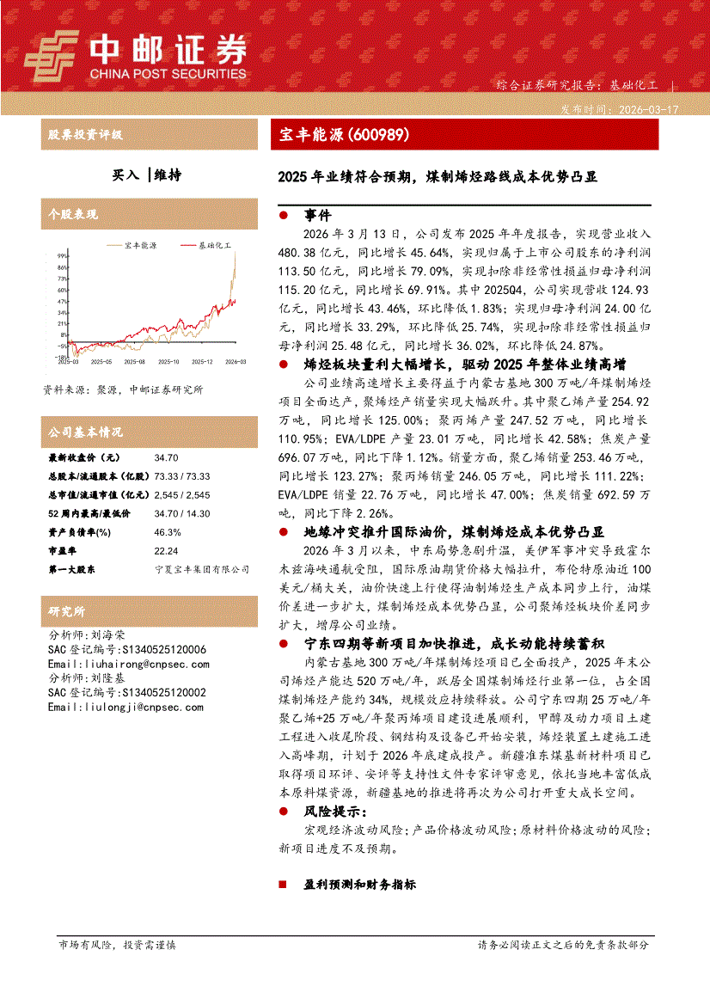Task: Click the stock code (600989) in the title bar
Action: click(376, 135)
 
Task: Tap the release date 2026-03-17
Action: click(644, 110)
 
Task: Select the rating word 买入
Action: click(125, 175)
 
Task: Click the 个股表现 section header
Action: click(73, 214)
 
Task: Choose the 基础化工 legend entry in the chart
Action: click(213, 245)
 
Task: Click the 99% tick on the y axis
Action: click(62, 255)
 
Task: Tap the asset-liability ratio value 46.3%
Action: click(168, 532)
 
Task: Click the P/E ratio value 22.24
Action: click(167, 551)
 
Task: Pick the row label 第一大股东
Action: click(71, 569)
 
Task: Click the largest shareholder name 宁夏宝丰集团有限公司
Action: click(202, 569)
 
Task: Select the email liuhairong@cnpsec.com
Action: click(128, 665)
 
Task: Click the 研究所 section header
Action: click(67, 611)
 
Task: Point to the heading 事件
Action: click(317, 216)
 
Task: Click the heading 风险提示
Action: click(334, 812)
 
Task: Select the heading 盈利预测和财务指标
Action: click(359, 885)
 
